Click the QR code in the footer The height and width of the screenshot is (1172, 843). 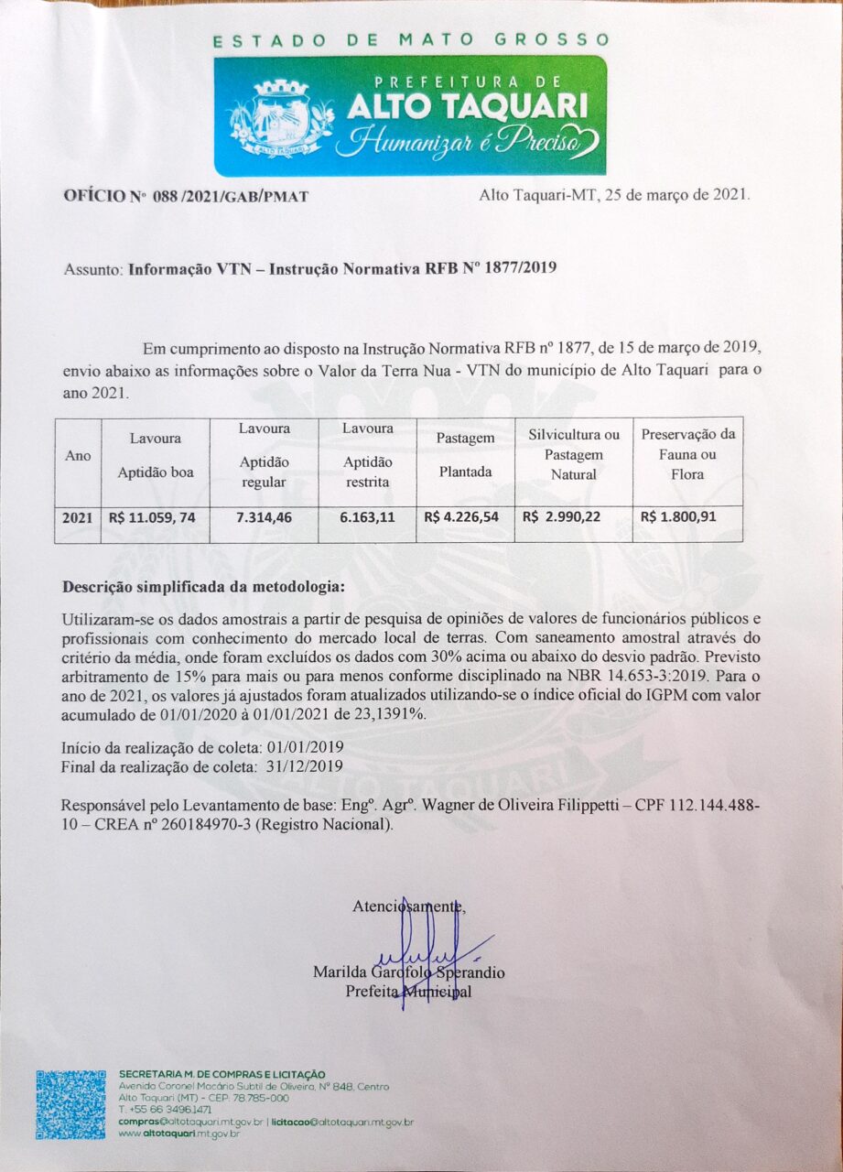tap(71, 1104)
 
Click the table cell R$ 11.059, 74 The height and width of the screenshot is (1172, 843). tap(152, 517)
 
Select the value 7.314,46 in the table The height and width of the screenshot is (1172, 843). tap(265, 517)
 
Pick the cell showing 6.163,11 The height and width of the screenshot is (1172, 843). tap(367, 517)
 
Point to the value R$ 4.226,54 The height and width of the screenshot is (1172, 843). tap(462, 517)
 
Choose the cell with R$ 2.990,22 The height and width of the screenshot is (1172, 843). tap(561, 517)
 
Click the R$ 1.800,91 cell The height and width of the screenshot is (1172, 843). tap(678, 517)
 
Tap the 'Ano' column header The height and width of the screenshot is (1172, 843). tap(77, 456)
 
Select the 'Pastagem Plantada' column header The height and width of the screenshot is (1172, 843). tap(464, 455)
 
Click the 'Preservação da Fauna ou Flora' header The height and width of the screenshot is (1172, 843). tap(687, 455)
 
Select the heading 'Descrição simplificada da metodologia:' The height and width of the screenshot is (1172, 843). tap(203, 586)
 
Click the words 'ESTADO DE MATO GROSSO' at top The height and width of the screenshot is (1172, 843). tap(411, 40)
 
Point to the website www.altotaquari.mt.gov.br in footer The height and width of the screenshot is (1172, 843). tap(179, 1134)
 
